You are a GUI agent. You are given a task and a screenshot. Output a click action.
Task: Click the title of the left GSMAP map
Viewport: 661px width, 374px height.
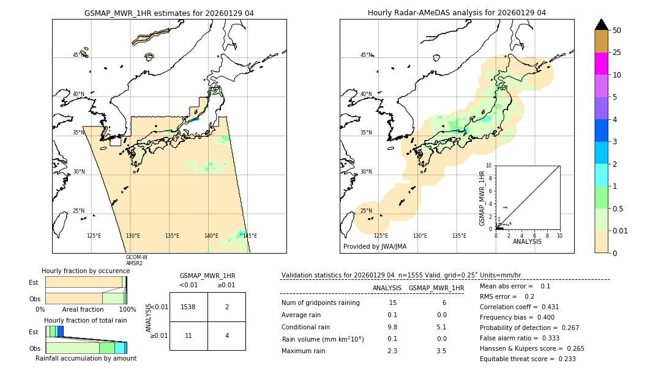tap(169, 13)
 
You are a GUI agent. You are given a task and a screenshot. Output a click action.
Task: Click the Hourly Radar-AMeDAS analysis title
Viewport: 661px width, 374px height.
tap(457, 13)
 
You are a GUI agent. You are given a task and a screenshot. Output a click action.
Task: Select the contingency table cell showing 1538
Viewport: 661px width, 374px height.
tap(189, 307)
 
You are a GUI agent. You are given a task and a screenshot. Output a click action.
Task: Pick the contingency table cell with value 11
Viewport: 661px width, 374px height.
tap(189, 336)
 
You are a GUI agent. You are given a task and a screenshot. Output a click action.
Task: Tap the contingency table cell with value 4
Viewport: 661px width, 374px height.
tap(226, 336)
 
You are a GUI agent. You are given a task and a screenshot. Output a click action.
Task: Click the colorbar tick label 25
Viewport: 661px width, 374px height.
tap(617, 53)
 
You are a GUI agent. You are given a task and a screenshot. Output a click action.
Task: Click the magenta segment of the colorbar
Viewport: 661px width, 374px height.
tap(601, 64)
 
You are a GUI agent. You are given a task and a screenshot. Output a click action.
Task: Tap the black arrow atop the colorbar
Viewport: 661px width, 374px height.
tap(601, 24)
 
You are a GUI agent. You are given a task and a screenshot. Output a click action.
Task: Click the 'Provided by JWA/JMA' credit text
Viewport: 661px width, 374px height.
tap(375, 247)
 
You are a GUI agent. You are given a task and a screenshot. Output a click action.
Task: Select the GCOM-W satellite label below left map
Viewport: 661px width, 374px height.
tap(136, 257)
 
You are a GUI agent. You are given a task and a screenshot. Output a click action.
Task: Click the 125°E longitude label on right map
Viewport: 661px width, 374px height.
tap(381, 236)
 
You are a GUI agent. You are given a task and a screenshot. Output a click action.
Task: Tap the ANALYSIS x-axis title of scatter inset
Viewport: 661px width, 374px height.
tap(527, 241)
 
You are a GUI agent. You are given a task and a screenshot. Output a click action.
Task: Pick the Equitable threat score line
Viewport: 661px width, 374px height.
tap(528, 359)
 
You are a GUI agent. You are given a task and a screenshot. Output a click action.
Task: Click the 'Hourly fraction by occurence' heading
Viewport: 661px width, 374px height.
tap(86, 271)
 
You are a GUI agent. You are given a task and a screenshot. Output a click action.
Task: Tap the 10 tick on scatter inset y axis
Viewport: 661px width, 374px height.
tap(490, 166)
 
